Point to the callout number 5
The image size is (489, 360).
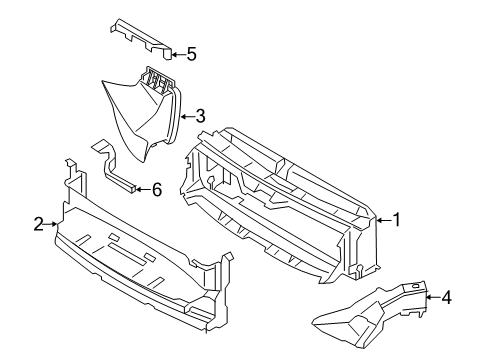pyautogui.click(x=191, y=55)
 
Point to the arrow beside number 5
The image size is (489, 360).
pyautogui.click(x=175, y=55)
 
